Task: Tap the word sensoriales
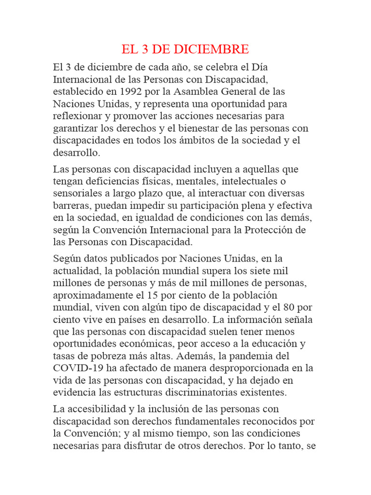click(78, 193)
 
